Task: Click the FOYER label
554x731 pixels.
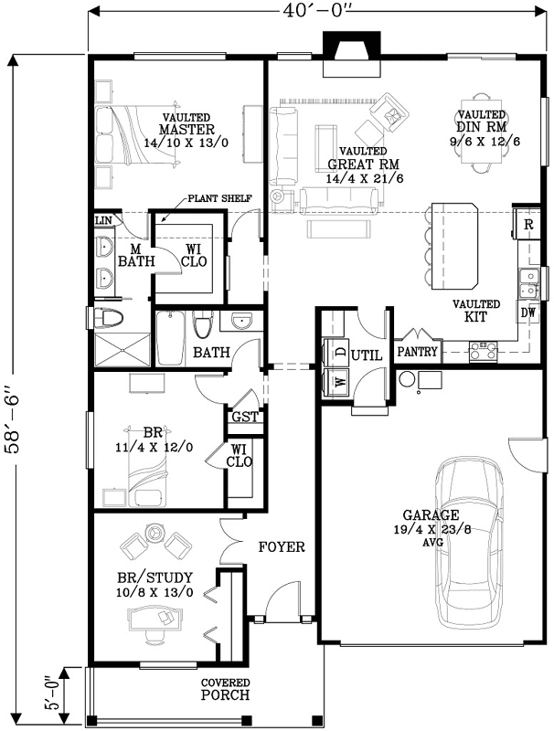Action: click(x=281, y=547)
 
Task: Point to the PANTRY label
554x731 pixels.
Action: click(x=417, y=351)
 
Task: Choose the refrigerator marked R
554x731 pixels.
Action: click(x=527, y=224)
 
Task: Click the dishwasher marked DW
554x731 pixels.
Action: click(x=527, y=313)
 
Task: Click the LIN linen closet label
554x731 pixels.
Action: click(x=103, y=220)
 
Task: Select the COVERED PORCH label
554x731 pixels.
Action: click(x=226, y=689)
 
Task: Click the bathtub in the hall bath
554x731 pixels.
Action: click(x=171, y=340)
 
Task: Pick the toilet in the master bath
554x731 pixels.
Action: click(x=109, y=318)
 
